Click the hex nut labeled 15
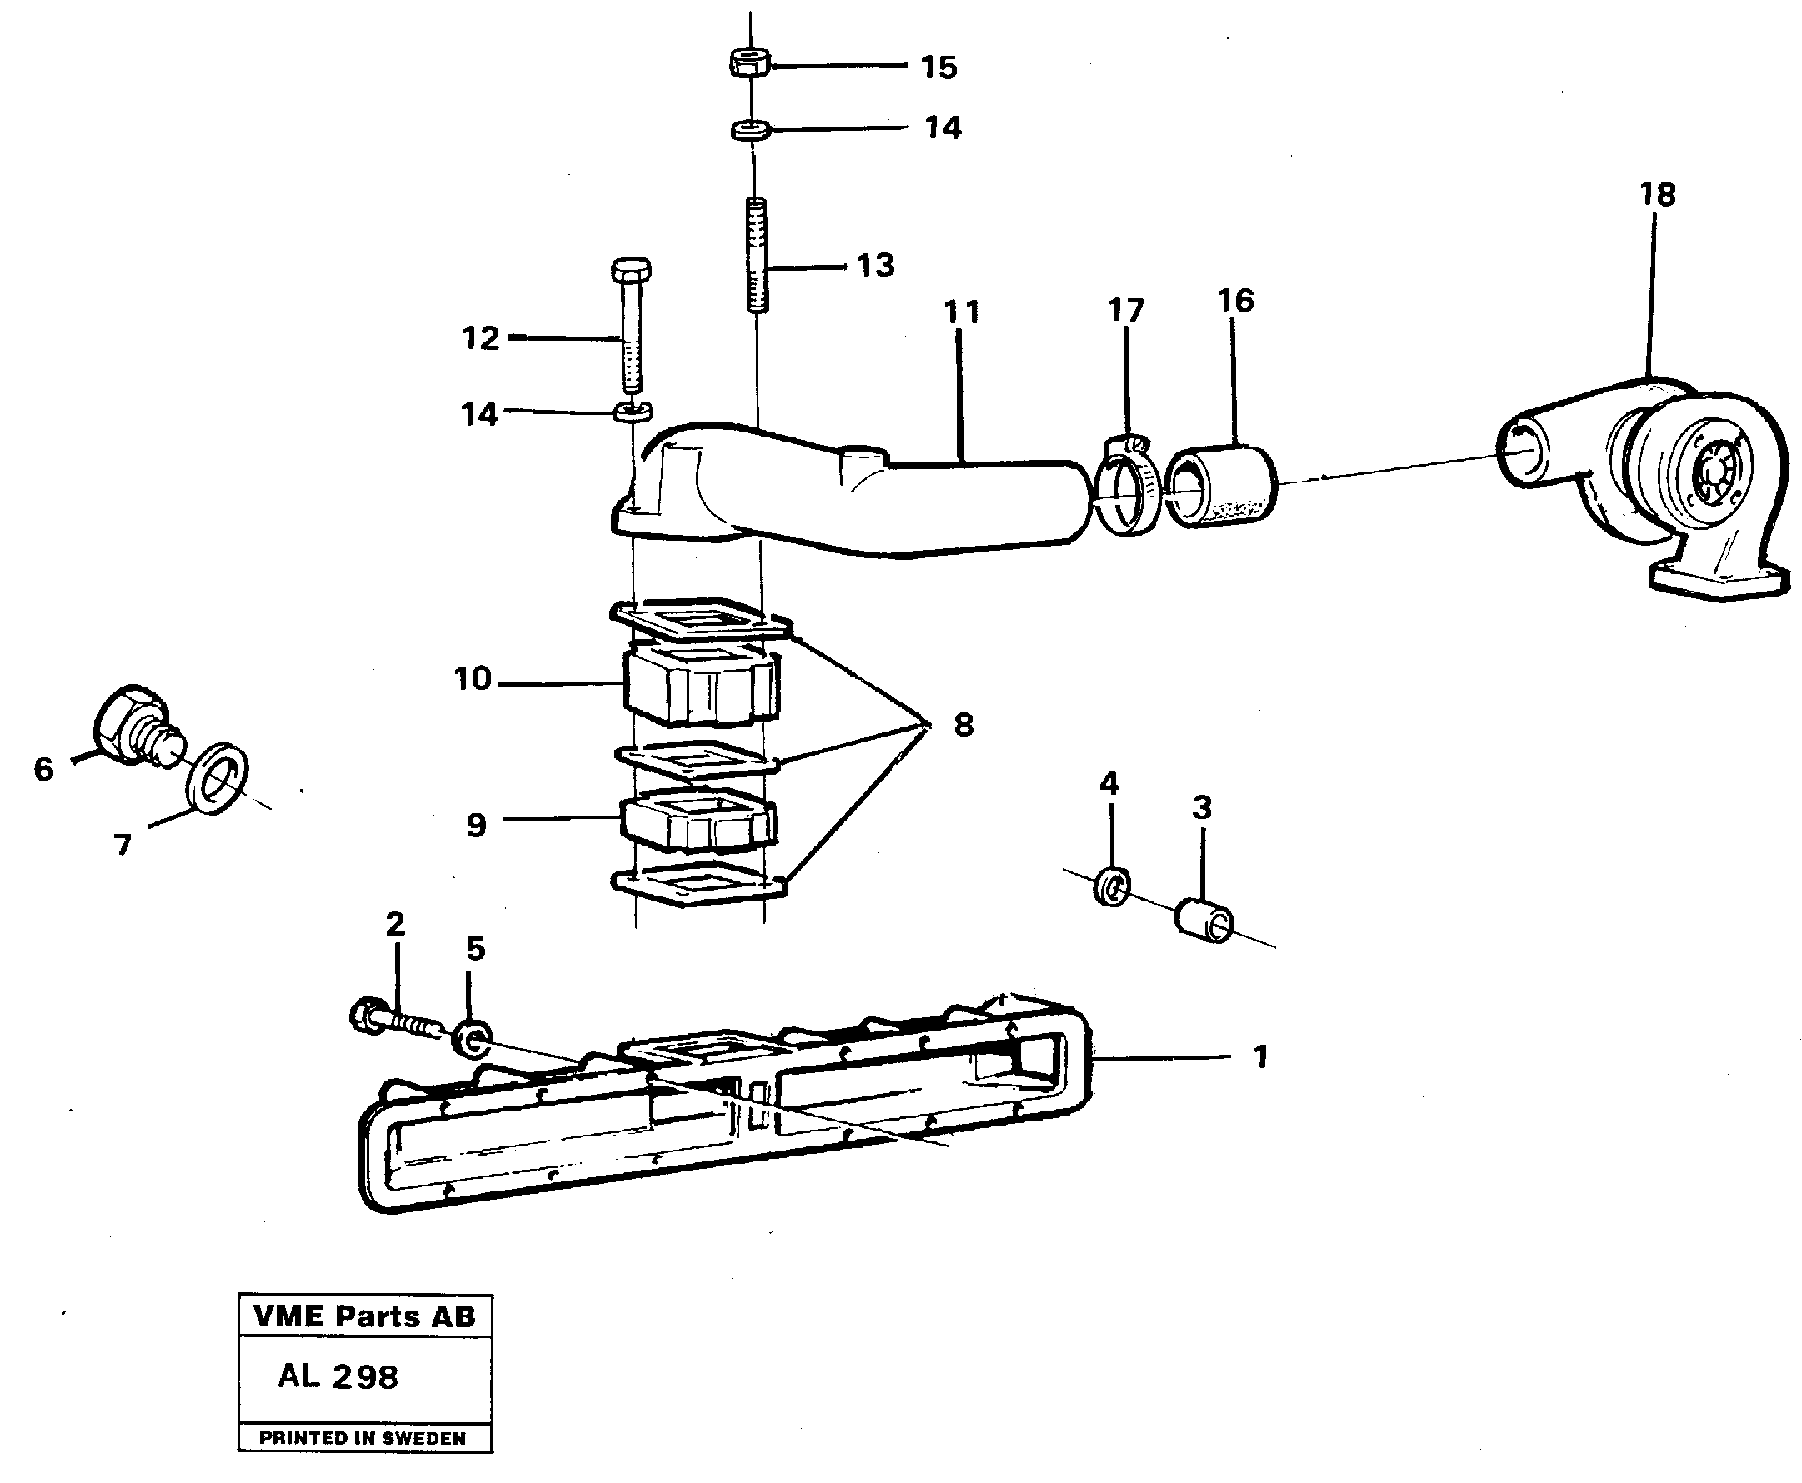tap(750, 62)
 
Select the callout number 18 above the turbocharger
tap(1658, 195)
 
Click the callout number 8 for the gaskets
tap(963, 726)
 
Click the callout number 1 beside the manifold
tap(1259, 1057)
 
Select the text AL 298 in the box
tap(338, 1376)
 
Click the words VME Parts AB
tap(365, 1316)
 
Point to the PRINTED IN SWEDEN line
tap(363, 1438)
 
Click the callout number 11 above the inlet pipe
tap(961, 312)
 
